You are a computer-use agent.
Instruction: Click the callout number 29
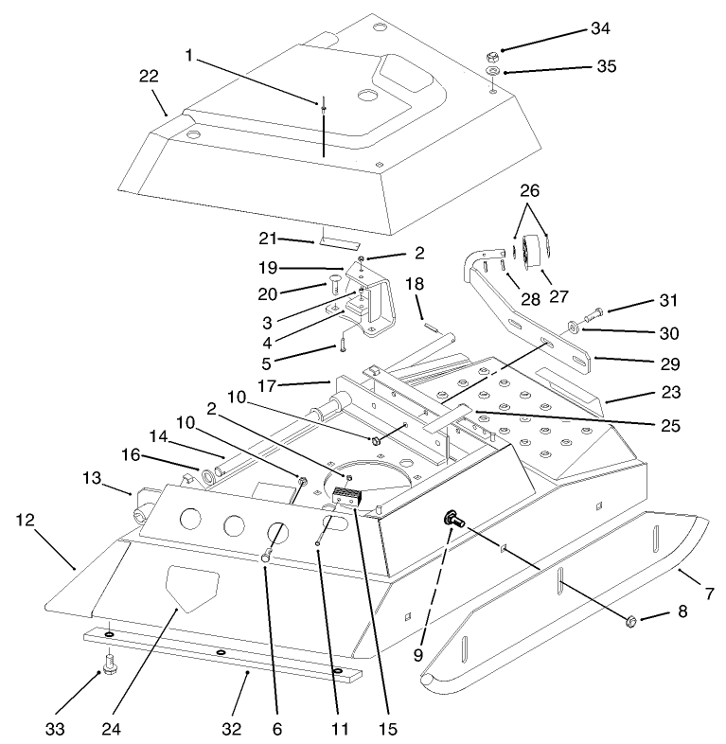point(617,363)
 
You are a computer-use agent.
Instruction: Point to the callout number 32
point(232,729)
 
